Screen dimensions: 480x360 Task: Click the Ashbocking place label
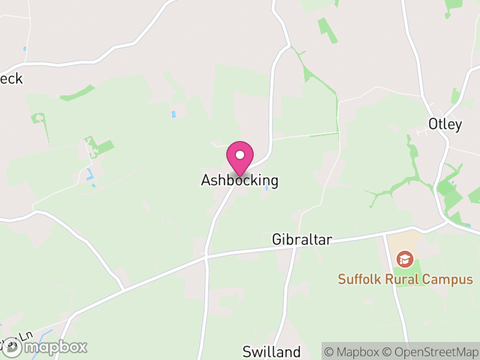pos(239,180)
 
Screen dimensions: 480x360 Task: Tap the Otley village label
pos(445,125)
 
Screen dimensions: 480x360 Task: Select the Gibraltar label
pos(302,239)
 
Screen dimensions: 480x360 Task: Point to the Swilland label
pos(271,351)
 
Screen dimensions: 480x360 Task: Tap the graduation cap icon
pos(404,259)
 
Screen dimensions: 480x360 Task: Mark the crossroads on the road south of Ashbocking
pos(206,256)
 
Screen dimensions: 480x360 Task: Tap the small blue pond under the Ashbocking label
pos(266,188)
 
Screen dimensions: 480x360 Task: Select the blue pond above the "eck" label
pos(25,48)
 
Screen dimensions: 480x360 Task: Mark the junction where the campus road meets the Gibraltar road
pos(384,235)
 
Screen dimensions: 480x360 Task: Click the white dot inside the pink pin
pos(240,155)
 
